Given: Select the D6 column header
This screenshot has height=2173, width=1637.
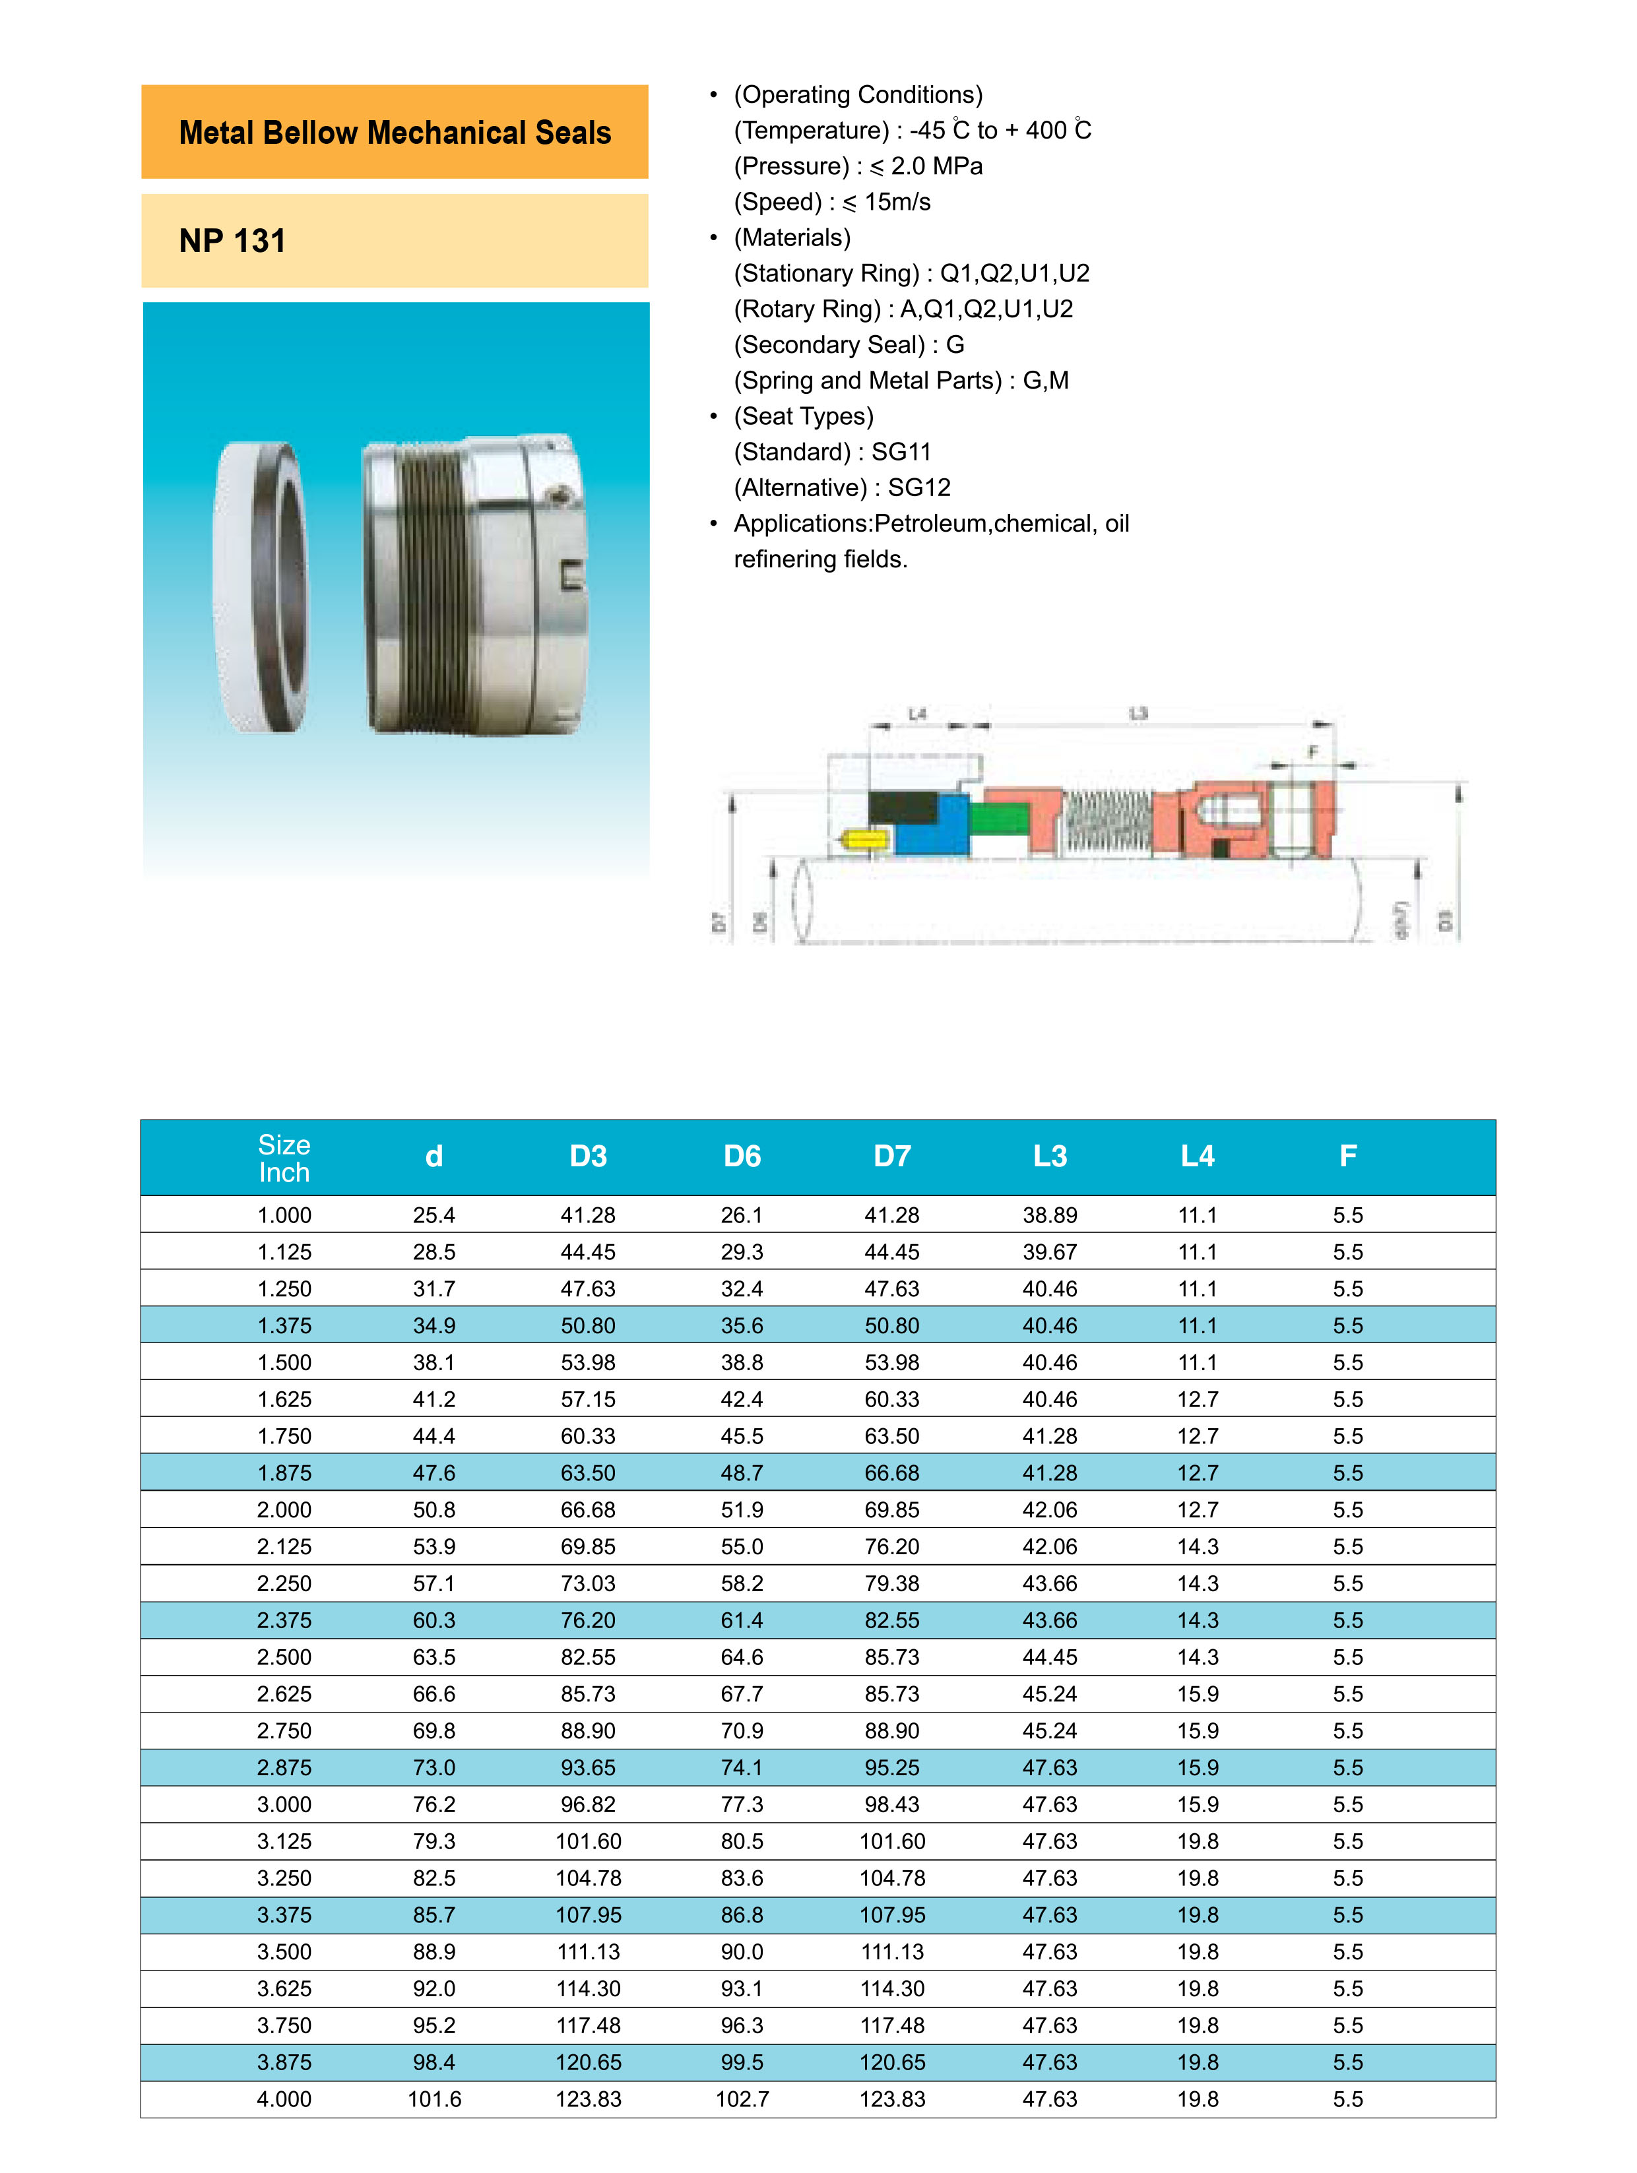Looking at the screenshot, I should tap(742, 1156).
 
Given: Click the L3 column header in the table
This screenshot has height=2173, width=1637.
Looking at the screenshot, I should tap(1049, 1156).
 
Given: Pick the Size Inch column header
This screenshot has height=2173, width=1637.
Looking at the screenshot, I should tap(284, 1158).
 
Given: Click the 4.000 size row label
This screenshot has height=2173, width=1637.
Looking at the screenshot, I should tap(284, 2099).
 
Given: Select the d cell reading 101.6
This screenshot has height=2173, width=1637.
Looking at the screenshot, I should tap(434, 2099).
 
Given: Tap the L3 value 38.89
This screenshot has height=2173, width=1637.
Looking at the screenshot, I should tap(1049, 1215).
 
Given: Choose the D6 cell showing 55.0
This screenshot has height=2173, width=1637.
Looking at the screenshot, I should tap(742, 1546).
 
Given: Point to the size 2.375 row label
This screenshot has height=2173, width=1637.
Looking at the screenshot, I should tap(284, 1620).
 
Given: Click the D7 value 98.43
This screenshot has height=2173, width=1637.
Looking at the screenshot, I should tap(892, 1805).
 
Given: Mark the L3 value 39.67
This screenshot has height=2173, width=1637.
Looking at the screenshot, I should tap(1049, 1251).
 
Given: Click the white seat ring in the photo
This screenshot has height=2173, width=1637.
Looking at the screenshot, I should tap(257, 586).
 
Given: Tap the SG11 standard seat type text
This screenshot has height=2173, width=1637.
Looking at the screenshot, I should tap(901, 452).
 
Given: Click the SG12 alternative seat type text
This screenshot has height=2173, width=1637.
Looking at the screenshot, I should tap(918, 488).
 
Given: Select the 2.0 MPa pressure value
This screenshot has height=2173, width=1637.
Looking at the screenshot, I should tap(936, 166).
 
